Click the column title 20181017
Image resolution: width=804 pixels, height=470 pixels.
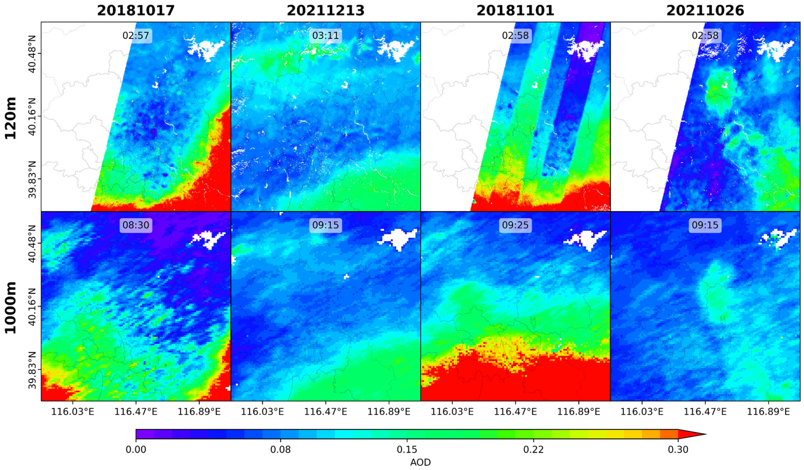point(136,10)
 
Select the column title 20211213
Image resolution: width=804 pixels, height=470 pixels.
point(326,10)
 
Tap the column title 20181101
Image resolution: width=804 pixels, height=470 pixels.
point(515,10)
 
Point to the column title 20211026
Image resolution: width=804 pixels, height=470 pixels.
point(705,10)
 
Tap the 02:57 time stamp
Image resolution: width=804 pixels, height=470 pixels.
point(136,35)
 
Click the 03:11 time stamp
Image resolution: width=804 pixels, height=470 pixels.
point(326,35)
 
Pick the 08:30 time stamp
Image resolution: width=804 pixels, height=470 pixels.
point(136,225)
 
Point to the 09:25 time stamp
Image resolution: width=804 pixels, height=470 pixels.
point(515,225)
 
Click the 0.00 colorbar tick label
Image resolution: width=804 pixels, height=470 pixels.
point(136,450)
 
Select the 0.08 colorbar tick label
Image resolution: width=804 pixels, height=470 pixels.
point(280,450)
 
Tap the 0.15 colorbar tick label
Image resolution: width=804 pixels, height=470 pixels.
point(407,450)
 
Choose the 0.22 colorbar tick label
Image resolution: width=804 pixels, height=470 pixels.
point(533,450)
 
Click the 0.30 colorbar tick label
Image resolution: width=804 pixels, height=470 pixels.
point(678,450)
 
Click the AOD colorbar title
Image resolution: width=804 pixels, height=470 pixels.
point(420,462)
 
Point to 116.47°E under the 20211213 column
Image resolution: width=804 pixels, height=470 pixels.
point(326,411)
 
